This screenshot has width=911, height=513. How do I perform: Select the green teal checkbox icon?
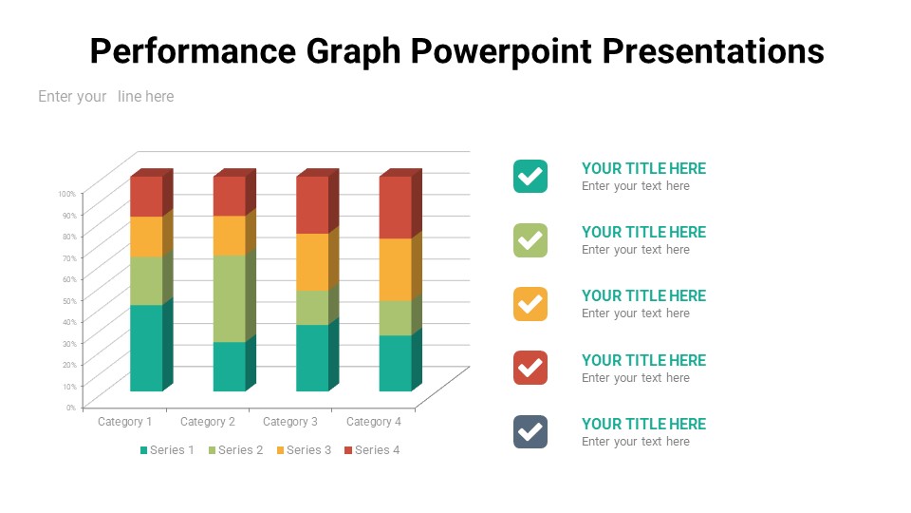[x=530, y=176]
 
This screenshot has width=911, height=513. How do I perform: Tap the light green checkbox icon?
[x=530, y=240]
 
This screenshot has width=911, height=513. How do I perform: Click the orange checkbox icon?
[x=530, y=304]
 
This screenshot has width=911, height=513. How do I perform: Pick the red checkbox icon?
[x=530, y=368]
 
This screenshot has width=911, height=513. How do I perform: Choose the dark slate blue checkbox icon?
[x=530, y=431]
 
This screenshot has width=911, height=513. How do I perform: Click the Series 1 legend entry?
[x=167, y=449]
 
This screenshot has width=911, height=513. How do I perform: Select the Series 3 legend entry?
[x=304, y=449]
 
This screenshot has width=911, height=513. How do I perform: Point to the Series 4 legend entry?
[x=372, y=449]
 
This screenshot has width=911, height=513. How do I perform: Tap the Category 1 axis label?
[x=125, y=422]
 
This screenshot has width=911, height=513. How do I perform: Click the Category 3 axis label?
[x=290, y=422]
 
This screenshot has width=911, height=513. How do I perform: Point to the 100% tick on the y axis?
[x=66, y=194]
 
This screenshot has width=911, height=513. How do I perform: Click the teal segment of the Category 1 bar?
[x=146, y=348]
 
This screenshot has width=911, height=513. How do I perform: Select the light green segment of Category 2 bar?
[x=229, y=298]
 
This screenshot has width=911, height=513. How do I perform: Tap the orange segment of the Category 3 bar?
[x=312, y=261]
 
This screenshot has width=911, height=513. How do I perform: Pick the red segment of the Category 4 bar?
[x=395, y=207]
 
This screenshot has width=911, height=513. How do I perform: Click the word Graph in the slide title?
[x=353, y=51]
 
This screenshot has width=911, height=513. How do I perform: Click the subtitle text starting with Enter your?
[x=105, y=96]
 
